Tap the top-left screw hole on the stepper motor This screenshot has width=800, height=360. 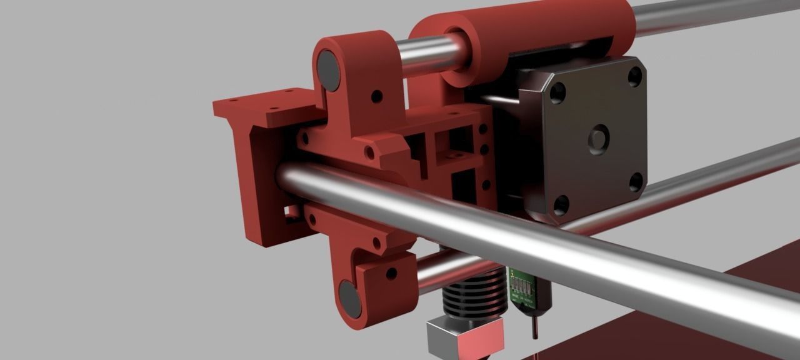tap(557, 92)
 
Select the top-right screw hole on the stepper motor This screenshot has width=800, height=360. tap(634, 76)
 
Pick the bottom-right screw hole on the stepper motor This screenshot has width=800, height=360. tap(636, 182)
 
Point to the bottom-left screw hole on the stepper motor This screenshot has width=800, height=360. tap(561, 204)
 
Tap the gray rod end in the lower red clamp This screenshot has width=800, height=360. tap(350, 299)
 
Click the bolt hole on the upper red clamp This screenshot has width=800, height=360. tap(376, 97)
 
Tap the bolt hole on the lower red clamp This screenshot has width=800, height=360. tap(391, 273)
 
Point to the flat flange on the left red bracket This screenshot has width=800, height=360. tap(262, 106)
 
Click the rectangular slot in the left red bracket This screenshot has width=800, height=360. tap(291, 212)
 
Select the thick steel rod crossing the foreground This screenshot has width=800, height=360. tap(562, 250)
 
